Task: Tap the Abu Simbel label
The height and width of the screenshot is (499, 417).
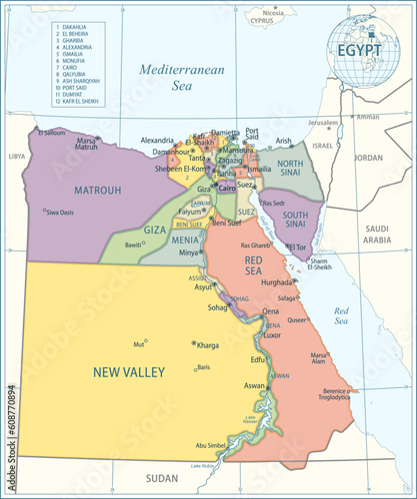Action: point(211,445)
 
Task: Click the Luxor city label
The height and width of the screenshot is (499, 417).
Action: point(273,335)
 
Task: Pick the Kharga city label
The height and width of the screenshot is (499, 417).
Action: point(208,345)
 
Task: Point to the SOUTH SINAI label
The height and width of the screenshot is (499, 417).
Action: point(295,219)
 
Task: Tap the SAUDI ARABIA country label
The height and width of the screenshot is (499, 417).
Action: point(376,234)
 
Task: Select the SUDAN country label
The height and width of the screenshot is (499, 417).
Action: point(163,478)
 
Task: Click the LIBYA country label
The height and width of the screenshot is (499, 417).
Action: point(17,157)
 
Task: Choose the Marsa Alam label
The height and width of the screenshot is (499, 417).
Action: point(319,357)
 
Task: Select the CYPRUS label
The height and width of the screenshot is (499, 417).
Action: point(263,19)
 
